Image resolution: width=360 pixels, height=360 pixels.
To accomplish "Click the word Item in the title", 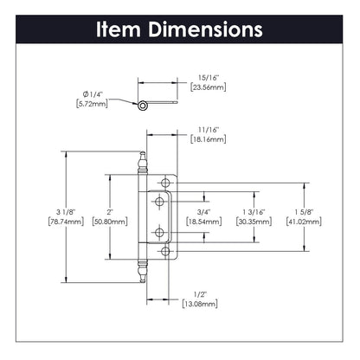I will point(123,29).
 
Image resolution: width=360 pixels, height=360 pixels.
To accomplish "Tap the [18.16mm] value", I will point(204,137).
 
